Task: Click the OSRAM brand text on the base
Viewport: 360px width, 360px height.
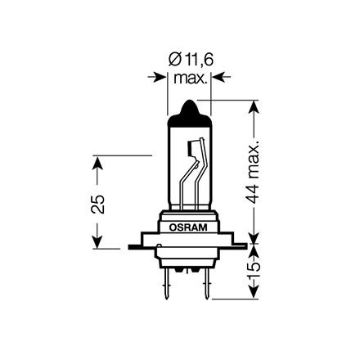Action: pos(188,227)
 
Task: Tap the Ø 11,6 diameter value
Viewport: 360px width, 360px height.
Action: pos(191,60)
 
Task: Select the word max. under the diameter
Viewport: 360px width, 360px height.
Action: pos(191,79)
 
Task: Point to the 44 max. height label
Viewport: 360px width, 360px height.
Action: pos(254,173)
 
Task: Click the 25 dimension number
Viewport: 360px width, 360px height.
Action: pos(97,204)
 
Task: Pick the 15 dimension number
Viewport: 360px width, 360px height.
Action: pos(254,271)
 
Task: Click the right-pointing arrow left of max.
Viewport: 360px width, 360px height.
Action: pos(157,77)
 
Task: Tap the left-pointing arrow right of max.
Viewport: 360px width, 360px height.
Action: pos(221,77)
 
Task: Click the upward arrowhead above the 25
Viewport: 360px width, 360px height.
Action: pos(97,162)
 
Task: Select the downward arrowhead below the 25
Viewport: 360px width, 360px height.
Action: pos(97,242)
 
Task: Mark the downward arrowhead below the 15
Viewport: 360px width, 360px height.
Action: pos(254,293)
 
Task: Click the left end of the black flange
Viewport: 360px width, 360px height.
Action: pos(128,247)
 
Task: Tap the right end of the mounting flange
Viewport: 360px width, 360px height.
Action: pos(246,246)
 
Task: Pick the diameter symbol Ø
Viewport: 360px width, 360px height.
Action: pos(173,60)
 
